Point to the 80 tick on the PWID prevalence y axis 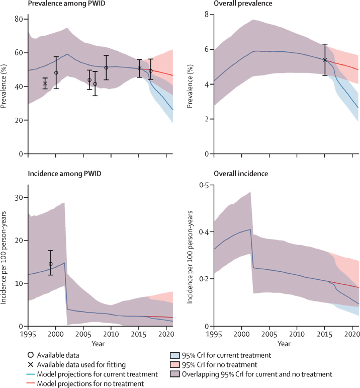pos(20,19)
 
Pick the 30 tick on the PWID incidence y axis pos(20,198)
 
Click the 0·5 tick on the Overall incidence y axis pos(204,186)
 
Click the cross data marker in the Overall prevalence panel pos(325,60)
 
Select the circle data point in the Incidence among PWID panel pos(50,264)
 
